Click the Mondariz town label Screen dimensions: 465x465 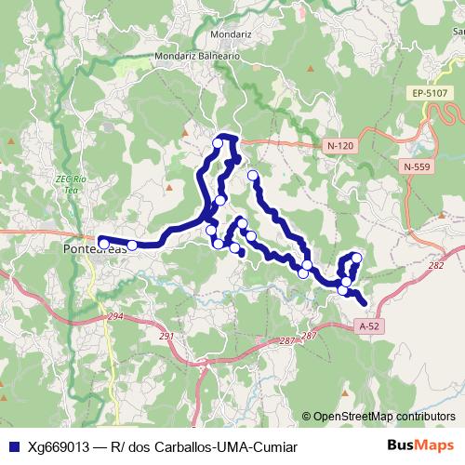[232, 34]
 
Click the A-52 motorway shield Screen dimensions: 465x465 [369, 326]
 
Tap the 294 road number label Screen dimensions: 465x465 [115, 317]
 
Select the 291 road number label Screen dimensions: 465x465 [166, 337]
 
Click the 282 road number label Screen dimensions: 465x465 [435, 265]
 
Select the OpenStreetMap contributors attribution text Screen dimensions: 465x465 [384, 416]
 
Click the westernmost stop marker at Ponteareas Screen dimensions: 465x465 [104, 244]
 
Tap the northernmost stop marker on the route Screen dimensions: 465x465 [218, 143]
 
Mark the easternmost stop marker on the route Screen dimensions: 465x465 [356, 258]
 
